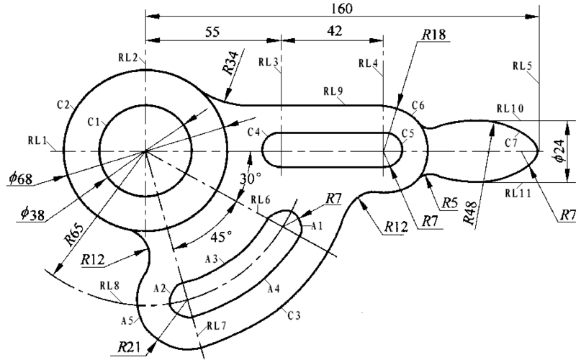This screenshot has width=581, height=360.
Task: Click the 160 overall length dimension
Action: [x=341, y=8]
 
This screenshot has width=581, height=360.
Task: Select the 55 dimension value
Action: [x=212, y=32]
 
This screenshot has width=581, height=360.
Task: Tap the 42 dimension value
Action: [x=335, y=31]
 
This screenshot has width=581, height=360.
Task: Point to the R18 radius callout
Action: [x=433, y=35]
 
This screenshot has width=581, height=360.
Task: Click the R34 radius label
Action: [x=230, y=62]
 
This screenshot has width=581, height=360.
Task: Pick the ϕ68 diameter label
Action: [x=21, y=179]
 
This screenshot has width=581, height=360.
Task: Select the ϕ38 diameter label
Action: [x=32, y=214]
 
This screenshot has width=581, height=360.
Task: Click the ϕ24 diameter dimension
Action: [x=560, y=151]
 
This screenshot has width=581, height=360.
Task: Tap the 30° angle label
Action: [x=251, y=179]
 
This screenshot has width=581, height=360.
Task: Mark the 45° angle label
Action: [x=221, y=237]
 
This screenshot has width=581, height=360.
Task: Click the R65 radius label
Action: [x=74, y=235]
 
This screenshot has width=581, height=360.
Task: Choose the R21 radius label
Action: [x=129, y=347]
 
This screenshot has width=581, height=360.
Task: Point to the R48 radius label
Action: [x=471, y=213]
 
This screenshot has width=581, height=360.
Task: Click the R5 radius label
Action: [x=450, y=203]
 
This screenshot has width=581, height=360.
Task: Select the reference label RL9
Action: [x=333, y=91]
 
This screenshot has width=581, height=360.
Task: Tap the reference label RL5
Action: [x=523, y=66]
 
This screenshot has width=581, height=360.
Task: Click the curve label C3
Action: [x=294, y=315]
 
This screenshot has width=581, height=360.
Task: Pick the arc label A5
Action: [x=127, y=320]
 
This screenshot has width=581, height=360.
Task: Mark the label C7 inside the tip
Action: [x=511, y=143]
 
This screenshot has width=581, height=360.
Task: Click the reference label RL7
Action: [x=217, y=326]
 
